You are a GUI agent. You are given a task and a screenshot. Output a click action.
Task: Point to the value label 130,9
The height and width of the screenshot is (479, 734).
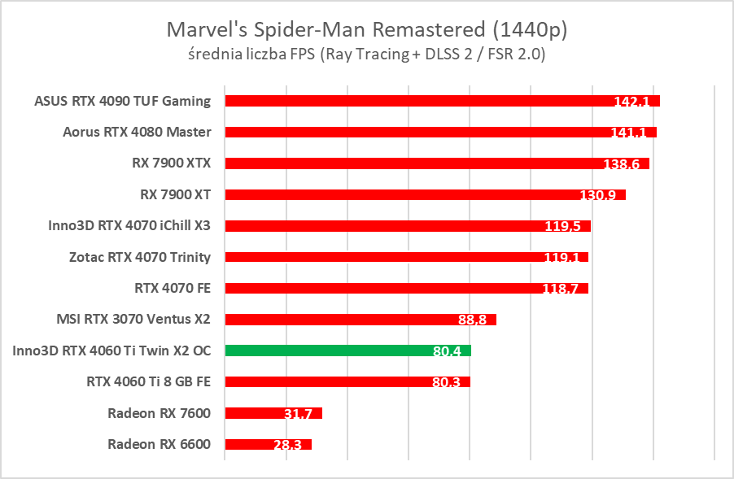(x=598, y=195)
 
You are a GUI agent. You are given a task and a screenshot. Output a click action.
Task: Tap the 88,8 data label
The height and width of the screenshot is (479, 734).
(x=472, y=320)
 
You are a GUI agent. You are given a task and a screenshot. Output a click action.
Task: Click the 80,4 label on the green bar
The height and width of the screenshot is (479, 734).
(x=447, y=351)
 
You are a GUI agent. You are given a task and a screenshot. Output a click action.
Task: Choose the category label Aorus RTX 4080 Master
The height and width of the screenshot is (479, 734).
(x=137, y=132)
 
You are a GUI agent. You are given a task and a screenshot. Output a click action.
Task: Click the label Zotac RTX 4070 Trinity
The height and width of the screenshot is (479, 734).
(x=140, y=257)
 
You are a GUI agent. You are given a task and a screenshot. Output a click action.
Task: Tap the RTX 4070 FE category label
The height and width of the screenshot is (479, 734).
(x=173, y=288)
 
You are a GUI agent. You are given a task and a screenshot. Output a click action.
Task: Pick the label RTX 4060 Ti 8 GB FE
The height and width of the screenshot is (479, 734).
(x=148, y=381)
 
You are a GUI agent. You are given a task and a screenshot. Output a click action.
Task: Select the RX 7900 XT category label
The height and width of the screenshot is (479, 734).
(x=176, y=194)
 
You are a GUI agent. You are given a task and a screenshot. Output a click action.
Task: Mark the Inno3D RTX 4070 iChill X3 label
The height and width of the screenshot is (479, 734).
(x=129, y=225)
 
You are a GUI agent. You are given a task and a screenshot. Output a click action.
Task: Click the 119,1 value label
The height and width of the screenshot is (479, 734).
(x=561, y=258)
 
